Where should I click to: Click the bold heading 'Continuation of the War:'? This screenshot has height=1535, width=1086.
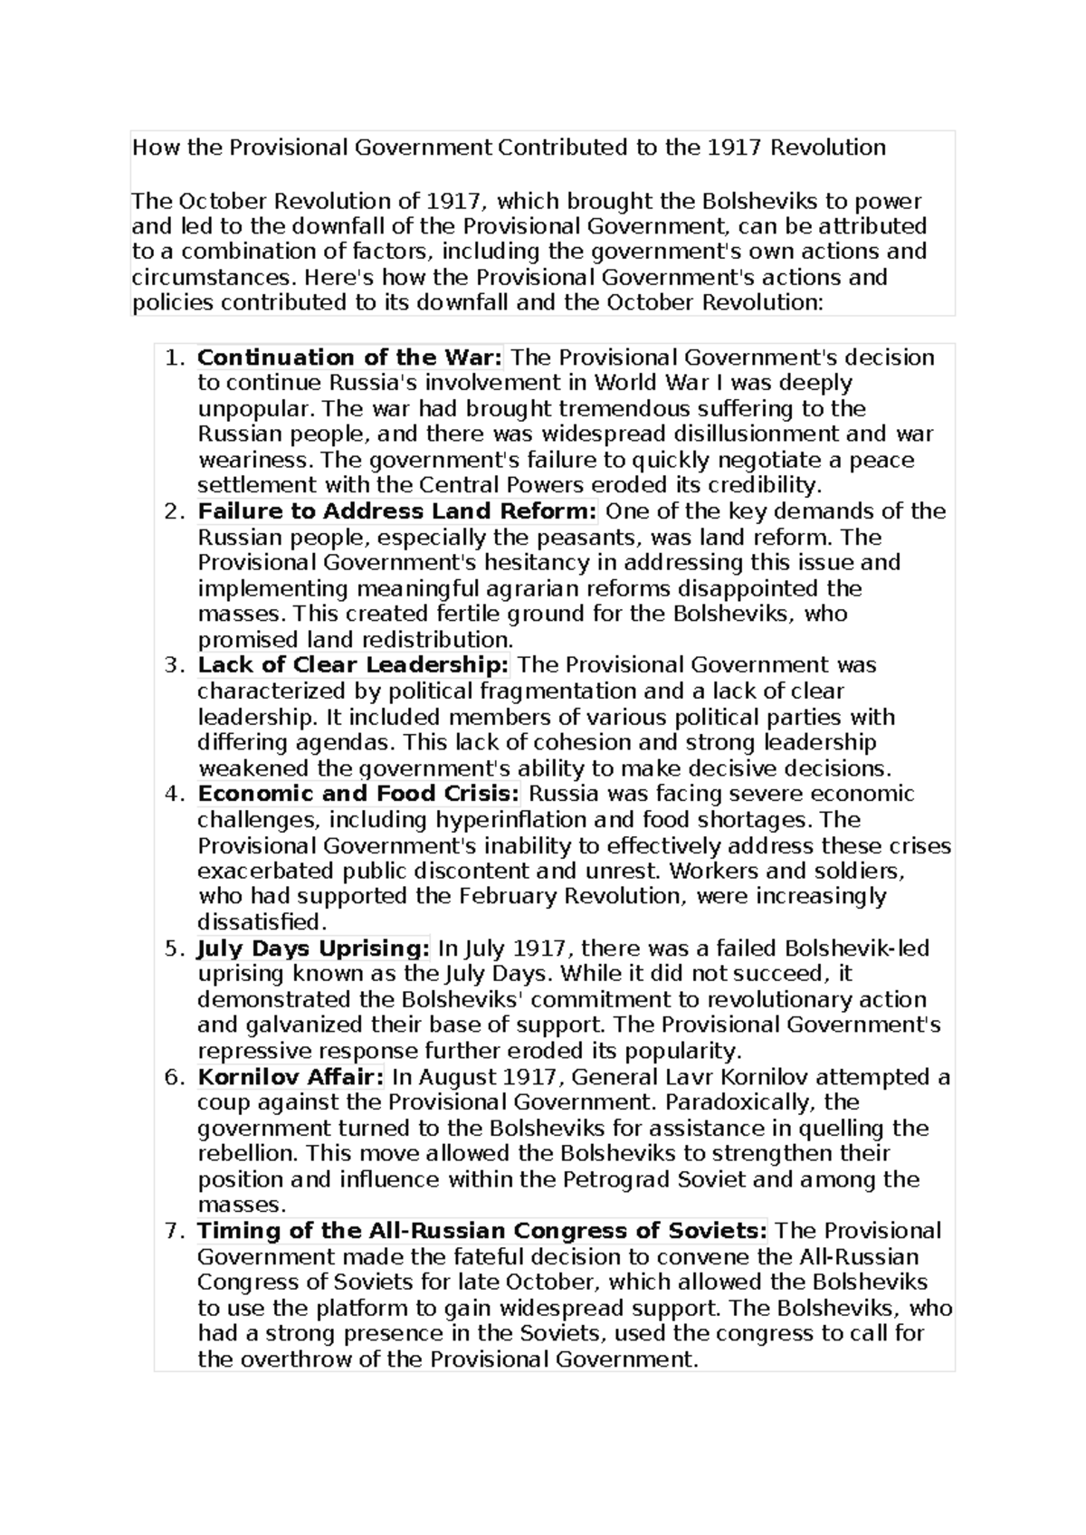point(349,358)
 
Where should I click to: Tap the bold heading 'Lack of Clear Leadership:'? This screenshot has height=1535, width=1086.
point(354,665)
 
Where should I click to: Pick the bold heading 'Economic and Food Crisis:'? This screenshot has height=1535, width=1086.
point(359,794)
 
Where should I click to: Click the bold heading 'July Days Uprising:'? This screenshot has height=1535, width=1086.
point(313,949)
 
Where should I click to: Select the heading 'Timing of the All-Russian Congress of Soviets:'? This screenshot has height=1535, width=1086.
point(482,1231)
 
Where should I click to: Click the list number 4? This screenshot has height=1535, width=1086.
point(174,795)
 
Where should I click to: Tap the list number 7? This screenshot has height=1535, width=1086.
point(174,1232)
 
